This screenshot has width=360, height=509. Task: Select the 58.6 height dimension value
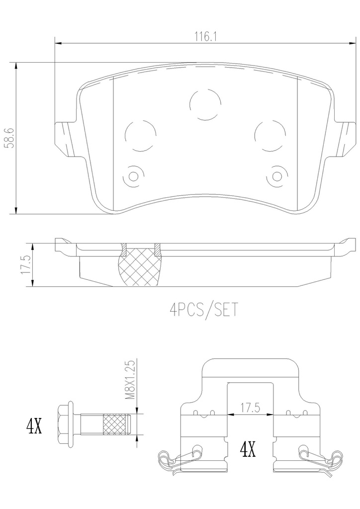pos(10,138)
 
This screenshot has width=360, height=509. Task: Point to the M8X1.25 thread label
pos(130,379)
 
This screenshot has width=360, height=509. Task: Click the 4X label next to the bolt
pos(34,426)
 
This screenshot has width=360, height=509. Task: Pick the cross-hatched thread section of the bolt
pos(115,425)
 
